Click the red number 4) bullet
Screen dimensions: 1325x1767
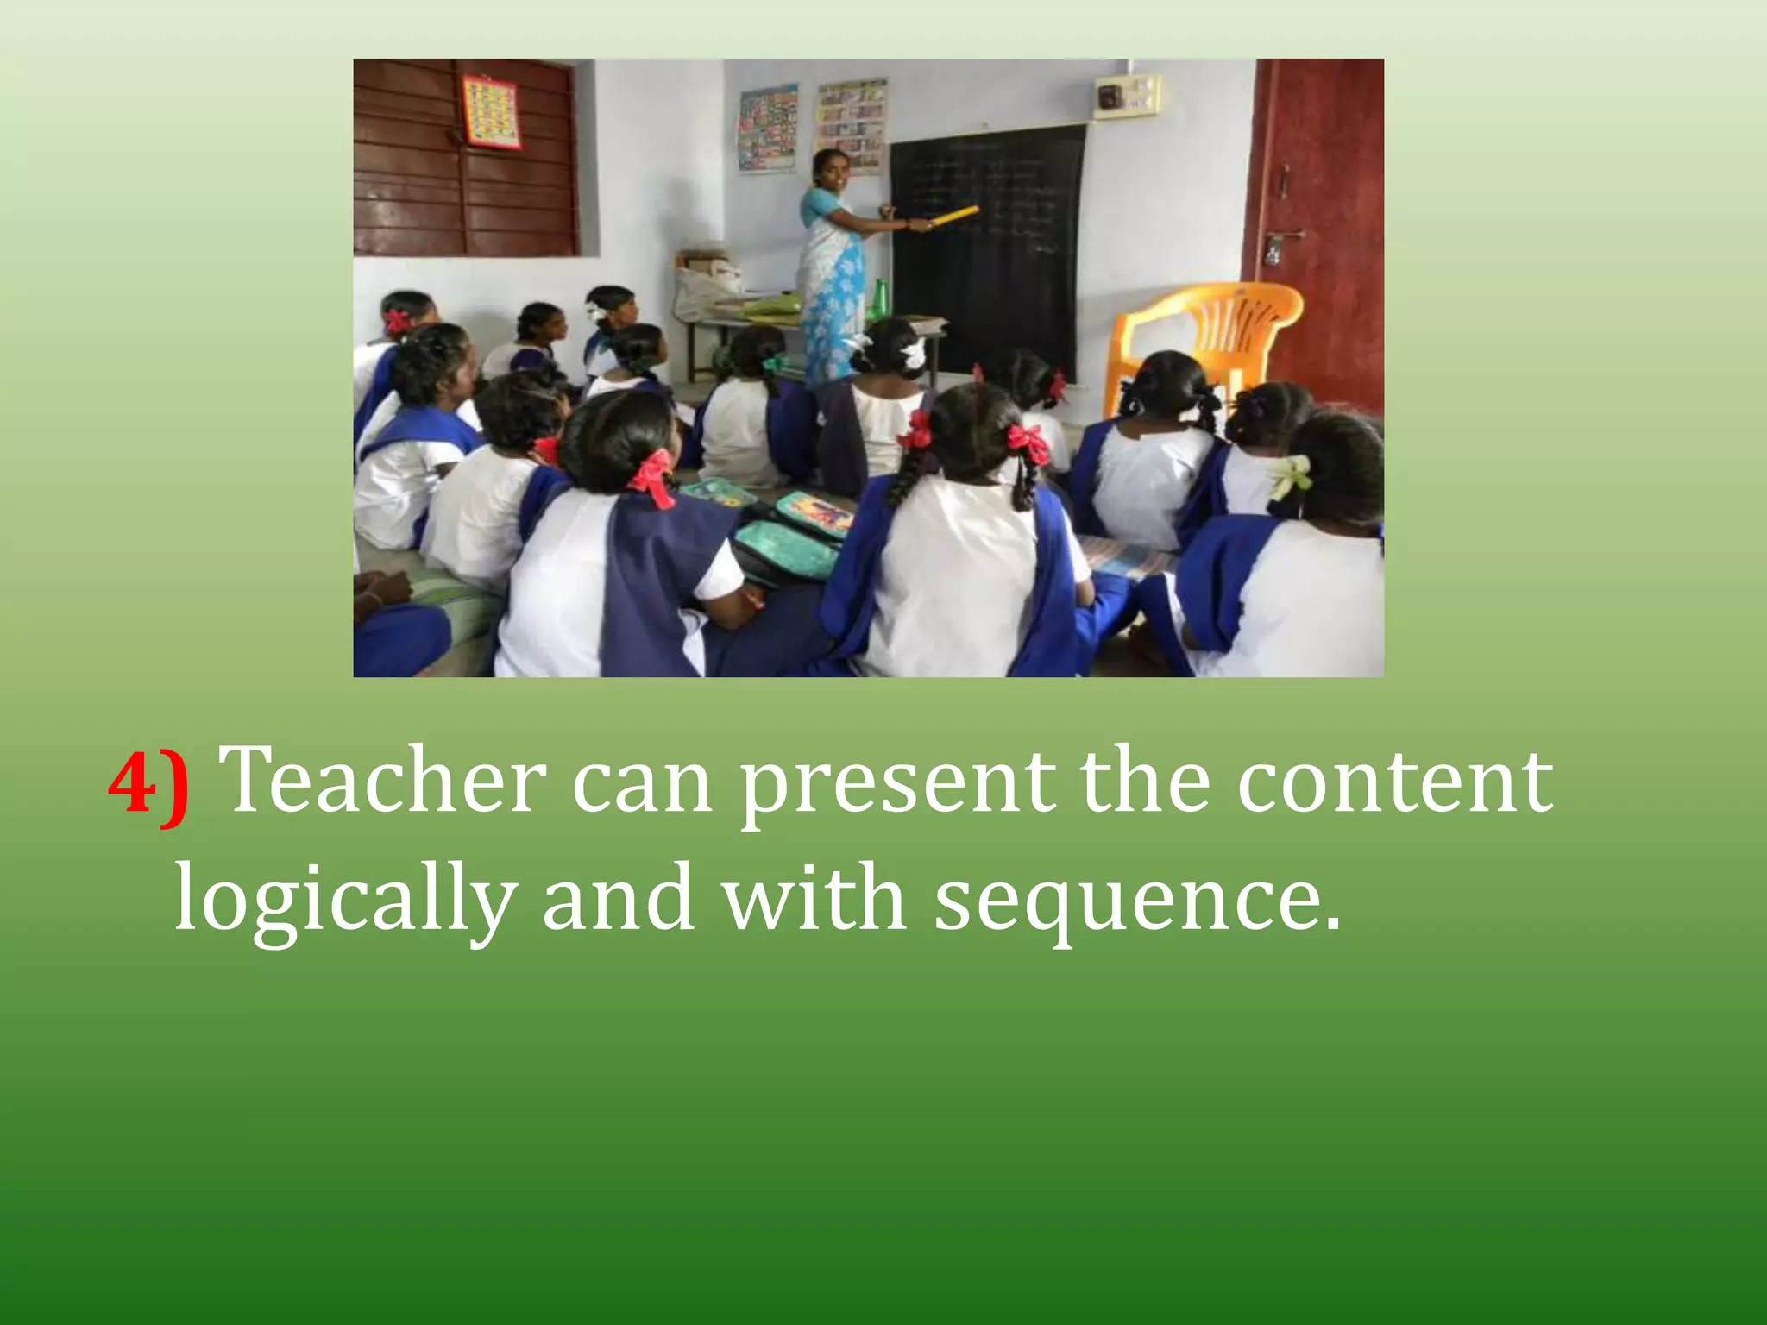[x=148, y=783]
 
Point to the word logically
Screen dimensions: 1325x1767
[x=345, y=901]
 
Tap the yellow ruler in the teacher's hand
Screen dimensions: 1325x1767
[x=953, y=216]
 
